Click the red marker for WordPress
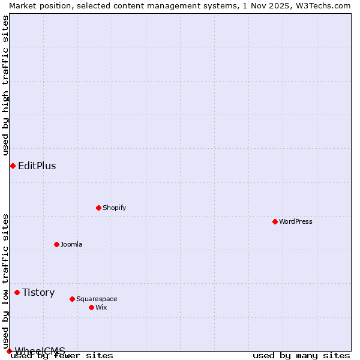(275, 221)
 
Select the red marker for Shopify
(98, 208)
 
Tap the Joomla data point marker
(56, 244)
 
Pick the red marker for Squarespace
(72, 299)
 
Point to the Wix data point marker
(91, 307)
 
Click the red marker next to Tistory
(17, 292)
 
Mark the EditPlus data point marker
(13, 166)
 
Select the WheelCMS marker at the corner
(9, 351)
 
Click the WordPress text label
(296, 221)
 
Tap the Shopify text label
(114, 208)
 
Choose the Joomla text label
(71, 244)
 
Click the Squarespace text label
(97, 299)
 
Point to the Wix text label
(101, 307)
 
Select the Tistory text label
(38, 292)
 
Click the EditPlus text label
(37, 166)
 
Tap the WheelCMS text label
(40, 350)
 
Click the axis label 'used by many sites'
(301, 355)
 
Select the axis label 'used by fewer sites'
(62, 355)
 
